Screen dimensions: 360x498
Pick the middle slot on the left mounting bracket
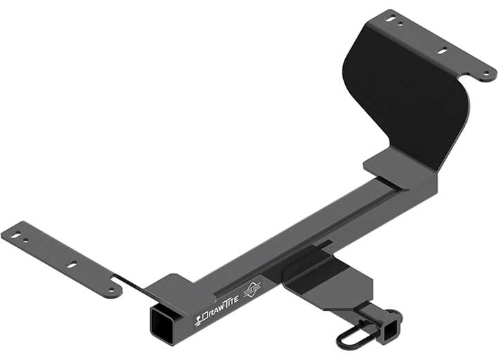[x=72, y=264]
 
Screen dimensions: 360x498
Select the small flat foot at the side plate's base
[x=387, y=164]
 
